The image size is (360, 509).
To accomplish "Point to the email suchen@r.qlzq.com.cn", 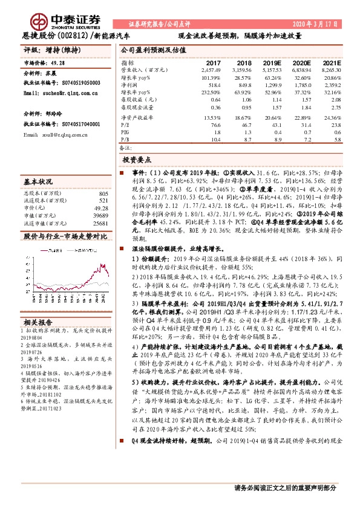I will coord(61,94).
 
